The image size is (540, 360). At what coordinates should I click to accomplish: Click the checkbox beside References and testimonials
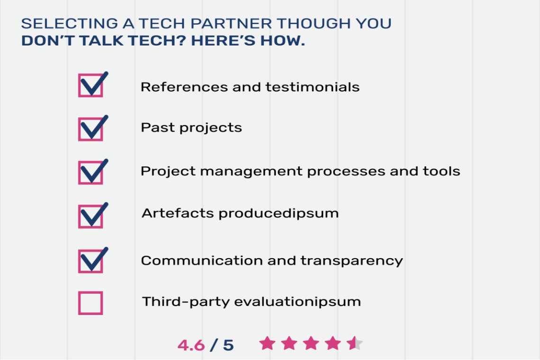pyautogui.click(x=90, y=85)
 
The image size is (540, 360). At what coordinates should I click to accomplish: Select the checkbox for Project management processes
pyautogui.click(x=90, y=172)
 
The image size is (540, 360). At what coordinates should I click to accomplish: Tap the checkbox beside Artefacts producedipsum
pyautogui.click(x=90, y=216)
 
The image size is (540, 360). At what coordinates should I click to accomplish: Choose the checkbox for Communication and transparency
pyautogui.click(x=90, y=261)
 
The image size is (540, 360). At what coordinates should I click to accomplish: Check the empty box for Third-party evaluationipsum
pyautogui.click(x=90, y=303)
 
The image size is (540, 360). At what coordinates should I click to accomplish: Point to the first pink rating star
pyautogui.click(x=267, y=343)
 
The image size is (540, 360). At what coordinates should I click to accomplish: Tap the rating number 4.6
pyautogui.click(x=191, y=345)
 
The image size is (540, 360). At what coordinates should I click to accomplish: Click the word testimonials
pyautogui.click(x=312, y=87)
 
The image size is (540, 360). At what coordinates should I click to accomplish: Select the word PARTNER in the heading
pyautogui.click(x=231, y=24)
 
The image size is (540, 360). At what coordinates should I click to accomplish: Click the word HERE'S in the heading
pyautogui.click(x=223, y=41)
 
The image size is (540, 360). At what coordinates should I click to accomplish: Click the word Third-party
pyautogui.click(x=186, y=302)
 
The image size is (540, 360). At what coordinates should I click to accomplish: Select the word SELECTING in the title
pyautogui.click(x=70, y=24)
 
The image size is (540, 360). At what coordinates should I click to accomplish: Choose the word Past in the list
pyautogui.click(x=158, y=127)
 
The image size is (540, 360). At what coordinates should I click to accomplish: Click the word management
pyautogui.click(x=252, y=171)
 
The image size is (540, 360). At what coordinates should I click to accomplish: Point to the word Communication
pyautogui.click(x=202, y=261)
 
